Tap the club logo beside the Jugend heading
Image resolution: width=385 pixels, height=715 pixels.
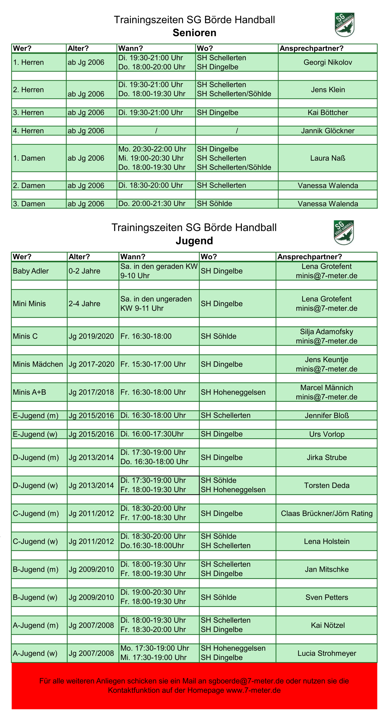tap(344, 232)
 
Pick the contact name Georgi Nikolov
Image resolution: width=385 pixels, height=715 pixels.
tap(328, 62)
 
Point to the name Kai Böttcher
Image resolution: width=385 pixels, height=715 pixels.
tap(328, 112)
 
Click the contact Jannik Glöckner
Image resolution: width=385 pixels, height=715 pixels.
tap(328, 131)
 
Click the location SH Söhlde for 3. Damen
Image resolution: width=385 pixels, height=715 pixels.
tap(214, 204)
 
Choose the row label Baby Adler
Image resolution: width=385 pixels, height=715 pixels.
tap(31, 271)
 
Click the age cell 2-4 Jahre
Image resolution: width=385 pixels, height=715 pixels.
tap(84, 303)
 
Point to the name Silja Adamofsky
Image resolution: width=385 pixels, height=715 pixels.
tap(326, 332)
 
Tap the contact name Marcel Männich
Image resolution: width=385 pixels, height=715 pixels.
tap(326, 387)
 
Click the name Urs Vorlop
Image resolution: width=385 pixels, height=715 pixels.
tap(327, 434)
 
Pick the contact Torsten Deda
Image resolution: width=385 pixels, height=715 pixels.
tap(327, 485)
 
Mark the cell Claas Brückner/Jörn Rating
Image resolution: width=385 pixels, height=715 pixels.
tap(326, 513)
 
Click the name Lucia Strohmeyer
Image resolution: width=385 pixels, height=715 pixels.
tap(327, 653)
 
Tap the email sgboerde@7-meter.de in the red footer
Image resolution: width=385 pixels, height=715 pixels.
tap(246, 681)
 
